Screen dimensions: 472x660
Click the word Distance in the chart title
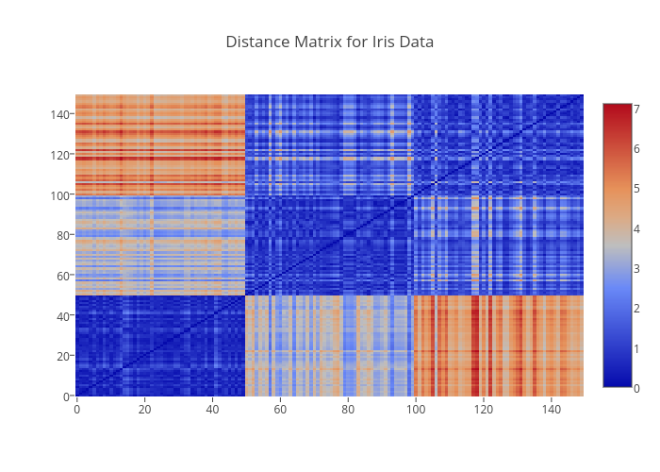tap(255, 42)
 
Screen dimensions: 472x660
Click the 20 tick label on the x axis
tap(144, 410)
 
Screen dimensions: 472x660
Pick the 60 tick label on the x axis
tap(280, 410)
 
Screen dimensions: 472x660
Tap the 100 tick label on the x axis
tap(416, 410)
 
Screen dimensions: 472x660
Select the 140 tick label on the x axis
tap(552, 410)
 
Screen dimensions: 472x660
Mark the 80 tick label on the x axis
tap(348, 410)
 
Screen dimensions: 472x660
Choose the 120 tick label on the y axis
tap(59, 155)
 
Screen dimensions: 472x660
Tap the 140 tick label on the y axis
tap(59, 114)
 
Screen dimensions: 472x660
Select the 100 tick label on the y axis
tap(59, 194)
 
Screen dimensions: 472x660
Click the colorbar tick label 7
tap(637, 110)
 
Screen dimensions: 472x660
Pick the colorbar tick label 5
tap(637, 189)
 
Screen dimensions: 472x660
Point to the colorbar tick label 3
tap(637, 268)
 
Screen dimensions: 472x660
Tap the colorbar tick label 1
tap(637, 347)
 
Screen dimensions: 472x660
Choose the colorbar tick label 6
tap(637, 149)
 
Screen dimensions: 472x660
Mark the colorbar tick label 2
tap(637, 308)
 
